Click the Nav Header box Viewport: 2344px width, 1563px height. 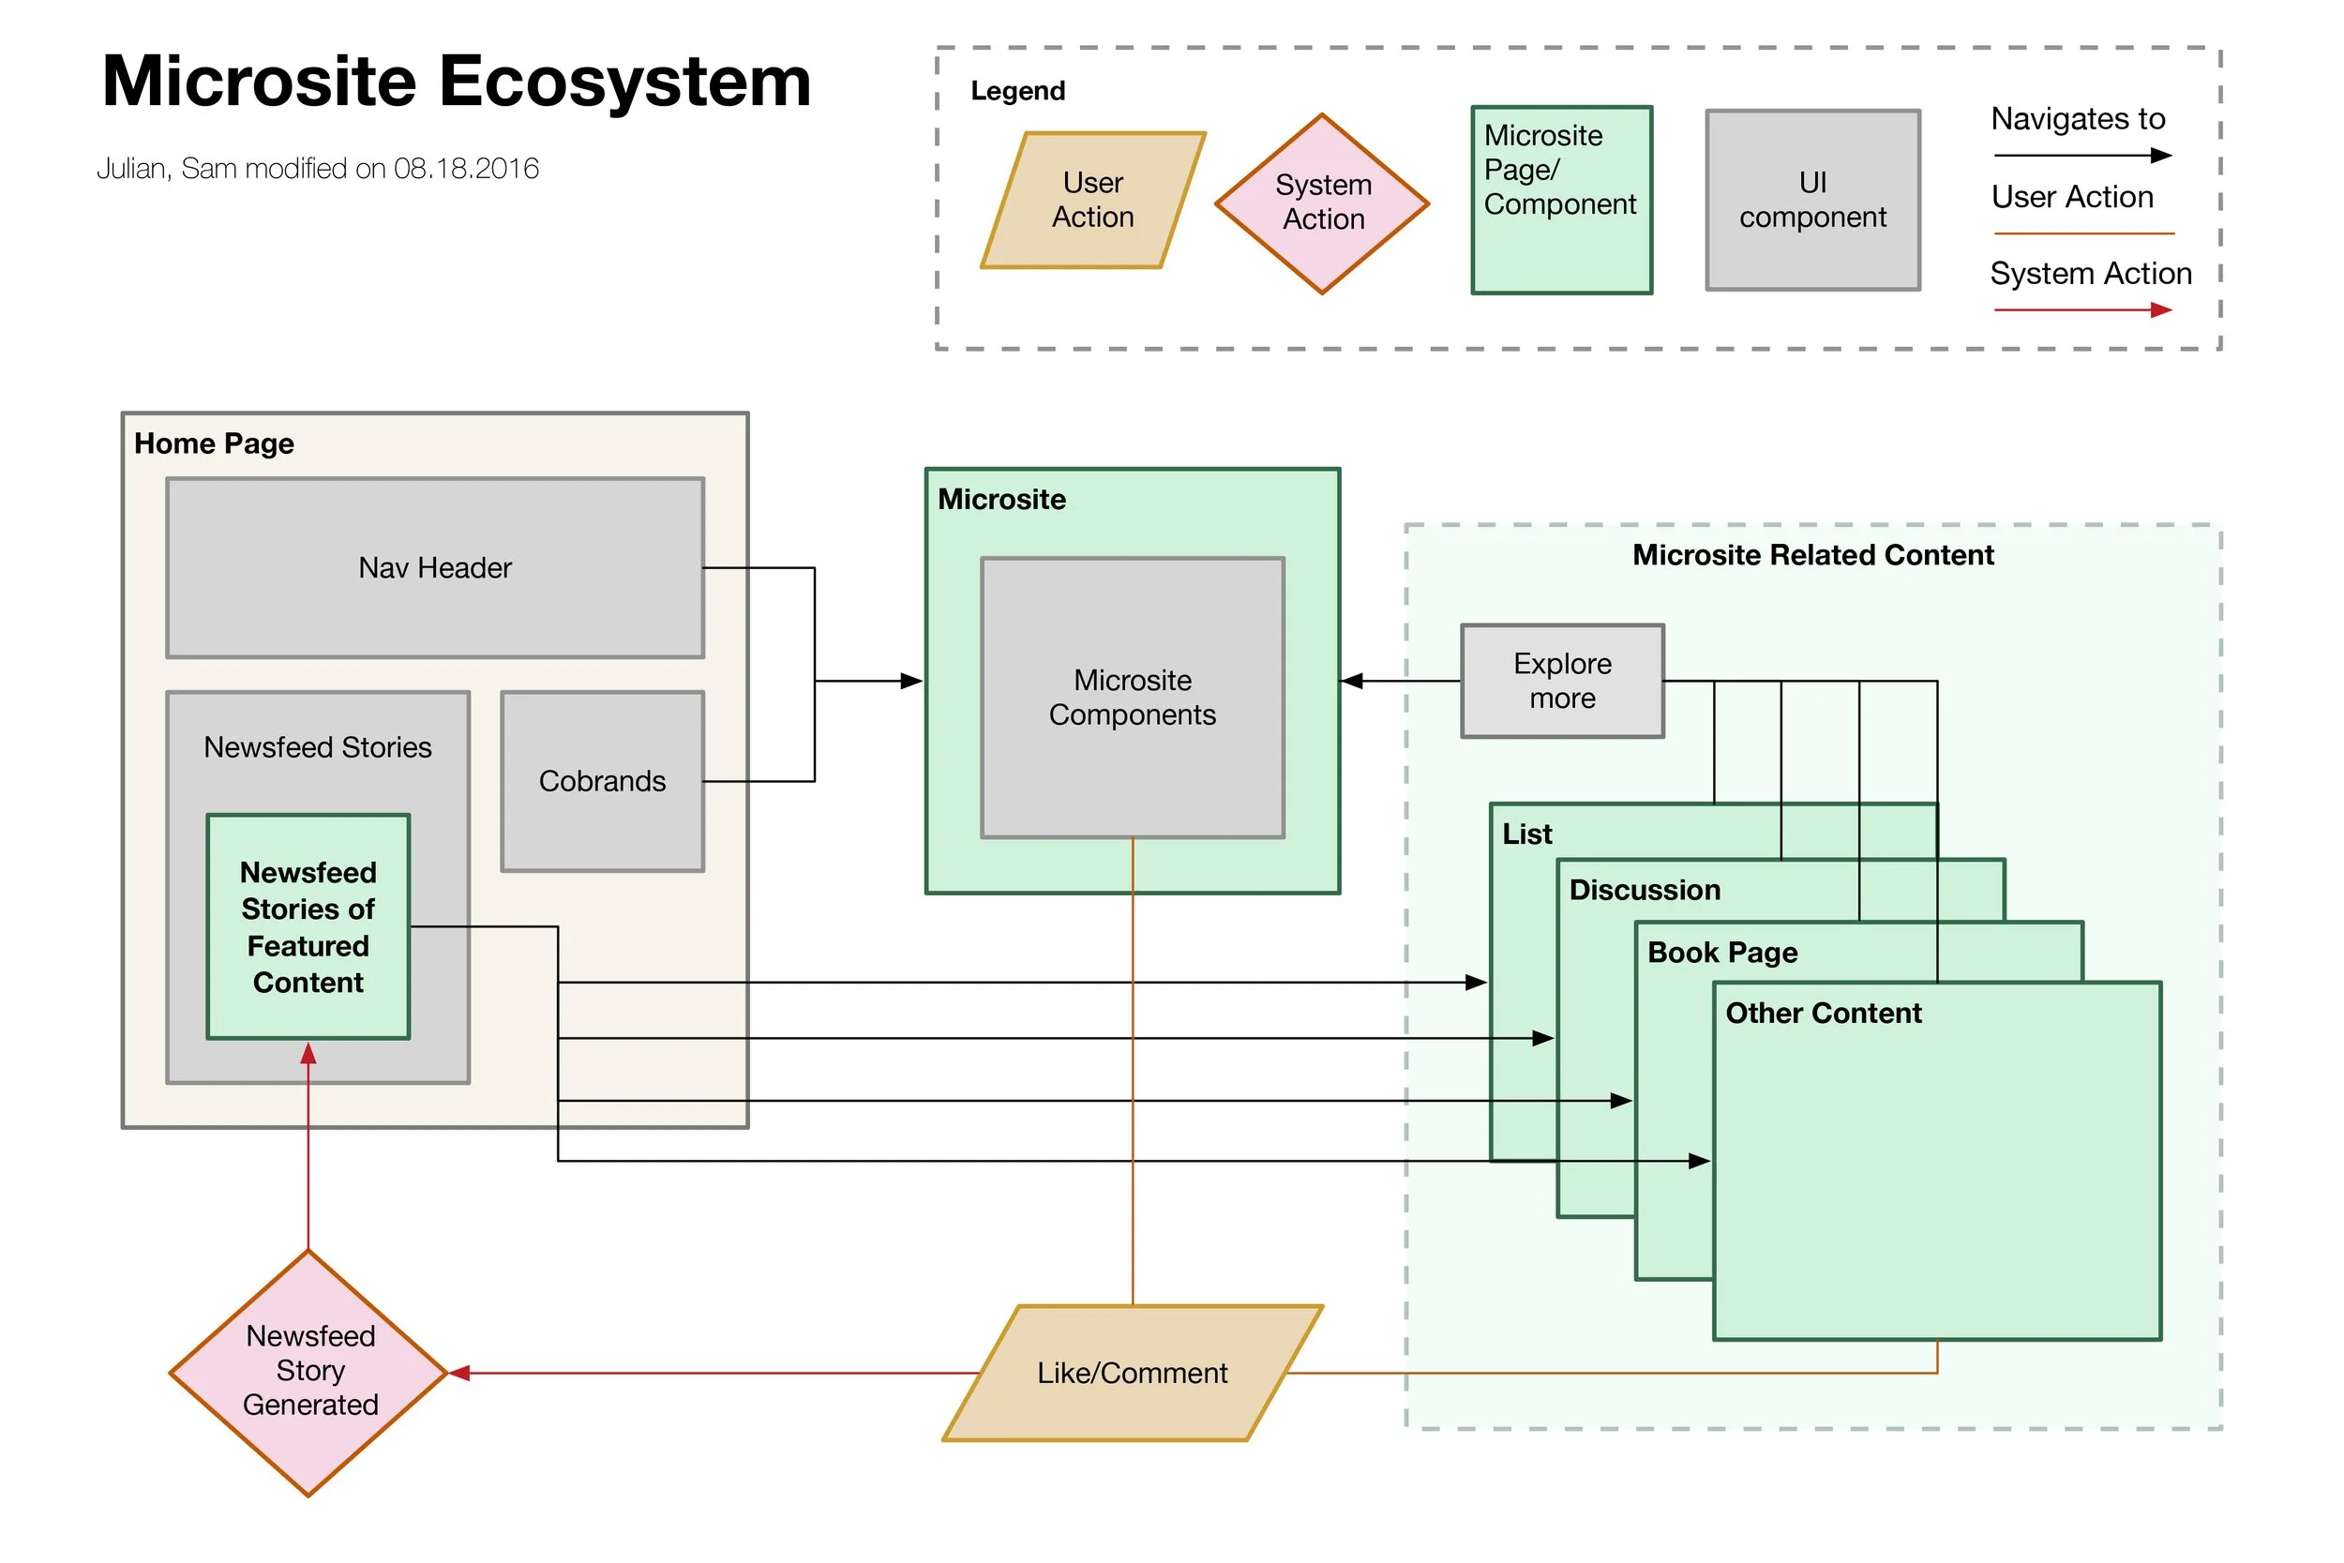coord(435,568)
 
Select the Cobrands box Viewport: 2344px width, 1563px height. coord(602,782)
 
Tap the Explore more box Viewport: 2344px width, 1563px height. coord(1562,681)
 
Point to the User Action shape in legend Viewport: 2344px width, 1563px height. coord(1093,201)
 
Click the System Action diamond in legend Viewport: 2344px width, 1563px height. coord(1323,203)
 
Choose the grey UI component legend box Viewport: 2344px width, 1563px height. coord(1812,201)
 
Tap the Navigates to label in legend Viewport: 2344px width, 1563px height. coord(2078,120)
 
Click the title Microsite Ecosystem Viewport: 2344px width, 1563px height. coord(457,82)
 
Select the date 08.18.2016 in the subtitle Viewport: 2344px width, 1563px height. coord(466,169)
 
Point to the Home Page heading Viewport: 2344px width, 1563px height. coord(215,443)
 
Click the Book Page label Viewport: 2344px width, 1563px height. coord(1722,953)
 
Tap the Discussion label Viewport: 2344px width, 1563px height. coord(1645,890)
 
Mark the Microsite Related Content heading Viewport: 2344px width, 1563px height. coord(1812,555)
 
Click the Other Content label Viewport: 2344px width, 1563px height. coord(1824,1014)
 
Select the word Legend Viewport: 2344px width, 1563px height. coord(1017,92)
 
